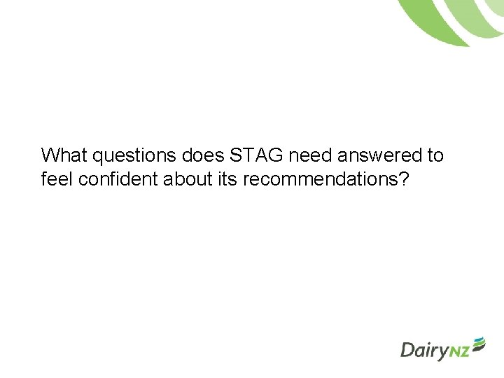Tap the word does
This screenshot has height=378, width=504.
[204, 155]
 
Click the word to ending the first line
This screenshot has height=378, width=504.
[434, 155]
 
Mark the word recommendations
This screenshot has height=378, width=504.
[318, 179]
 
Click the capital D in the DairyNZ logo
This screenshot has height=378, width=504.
[408, 349]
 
